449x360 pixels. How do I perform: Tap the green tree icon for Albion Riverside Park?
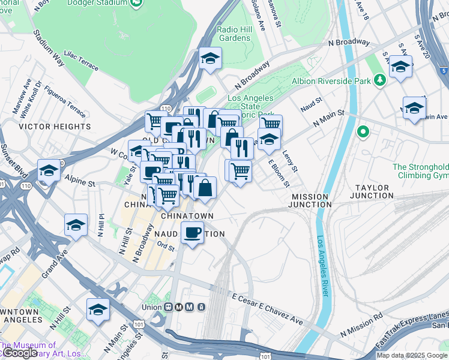click(x=379, y=79)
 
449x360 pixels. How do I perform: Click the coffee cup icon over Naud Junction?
click(x=192, y=232)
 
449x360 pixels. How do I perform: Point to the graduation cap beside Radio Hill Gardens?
click(x=211, y=59)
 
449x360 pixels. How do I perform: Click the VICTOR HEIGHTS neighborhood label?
click(x=55, y=127)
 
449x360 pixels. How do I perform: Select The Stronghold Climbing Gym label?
click(x=420, y=171)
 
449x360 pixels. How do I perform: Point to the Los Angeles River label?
click(x=322, y=265)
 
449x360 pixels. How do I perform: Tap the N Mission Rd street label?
click(x=361, y=324)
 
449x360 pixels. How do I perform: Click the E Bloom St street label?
click(x=279, y=172)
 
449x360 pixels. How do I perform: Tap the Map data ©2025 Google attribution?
click(x=412, y=355)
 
